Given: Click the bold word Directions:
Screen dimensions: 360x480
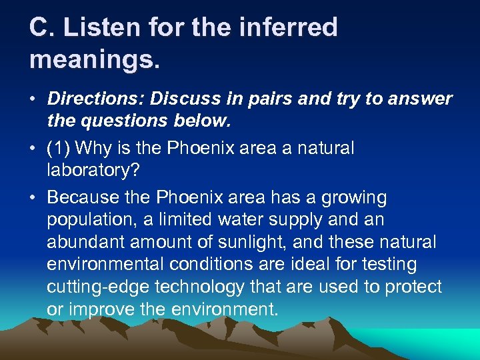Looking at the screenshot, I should (95, 99).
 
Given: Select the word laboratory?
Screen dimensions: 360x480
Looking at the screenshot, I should (93, 171).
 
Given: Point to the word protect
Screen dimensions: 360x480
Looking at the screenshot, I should (413, 287).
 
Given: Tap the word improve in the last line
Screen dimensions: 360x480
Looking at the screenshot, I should (99, 309).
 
